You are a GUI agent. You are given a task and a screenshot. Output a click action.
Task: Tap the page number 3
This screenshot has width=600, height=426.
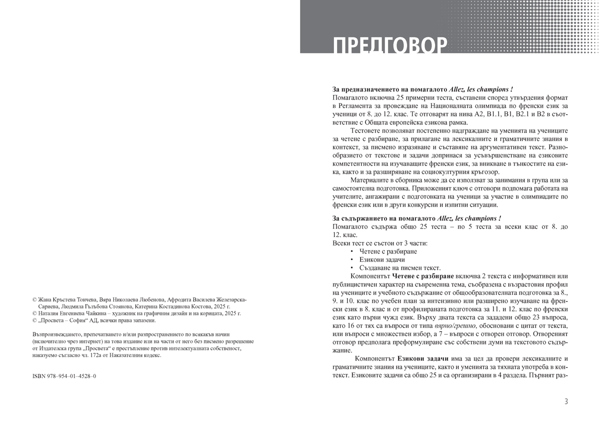click(x=565, y=401)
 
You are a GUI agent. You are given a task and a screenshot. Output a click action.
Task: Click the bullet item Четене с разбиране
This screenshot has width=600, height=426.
click(x=387, y=251)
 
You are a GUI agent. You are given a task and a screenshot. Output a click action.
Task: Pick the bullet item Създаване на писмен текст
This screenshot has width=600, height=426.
click(x=399, y=267)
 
